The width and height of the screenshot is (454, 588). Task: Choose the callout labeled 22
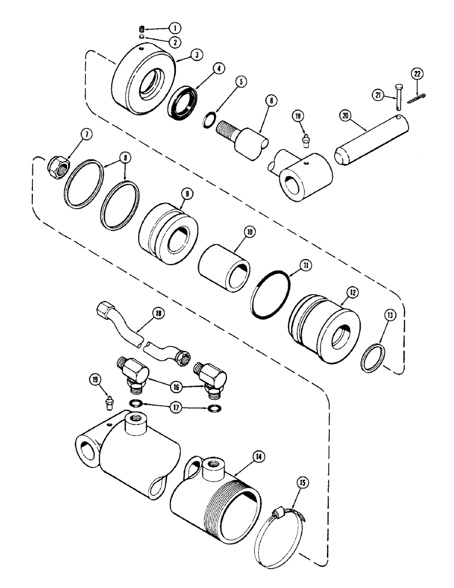coord(417,73)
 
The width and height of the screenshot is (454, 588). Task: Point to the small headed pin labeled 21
coord(397,108)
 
